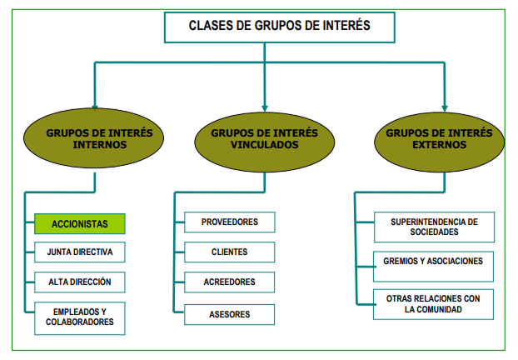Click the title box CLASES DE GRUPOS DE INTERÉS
point(266,26)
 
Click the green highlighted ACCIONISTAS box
point(79,224)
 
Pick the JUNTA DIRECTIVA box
point(79,252)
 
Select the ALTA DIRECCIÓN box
point(79,282)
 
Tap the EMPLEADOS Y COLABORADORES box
point(79,317)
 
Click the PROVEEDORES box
point(230,222)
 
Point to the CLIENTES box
point(230,252)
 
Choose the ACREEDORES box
point(230,282)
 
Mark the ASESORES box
point(230,314)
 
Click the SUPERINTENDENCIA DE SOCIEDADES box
point(434,227)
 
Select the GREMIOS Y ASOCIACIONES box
point(434,262)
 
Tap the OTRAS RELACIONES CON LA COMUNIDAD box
point(434,303)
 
